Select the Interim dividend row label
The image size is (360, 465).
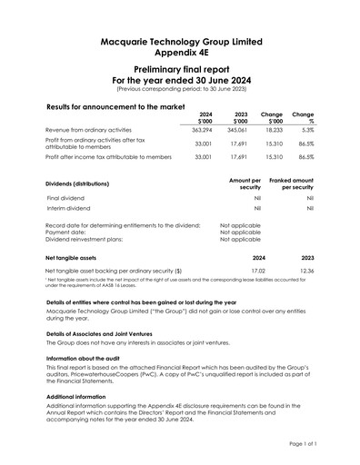[x=69, y=208]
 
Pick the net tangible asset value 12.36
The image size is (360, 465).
[x=306, y=271]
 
